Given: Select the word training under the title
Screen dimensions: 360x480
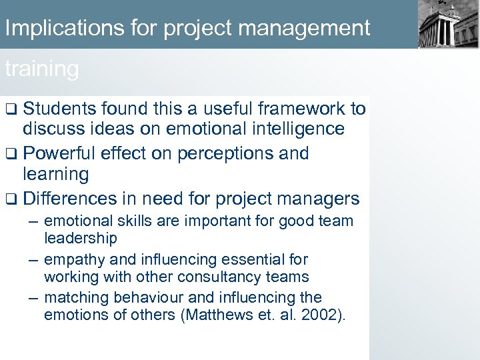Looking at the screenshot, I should (41, 69).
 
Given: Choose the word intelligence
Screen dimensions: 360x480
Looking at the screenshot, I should (287, 129).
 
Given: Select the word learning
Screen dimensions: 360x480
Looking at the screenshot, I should (55, 175).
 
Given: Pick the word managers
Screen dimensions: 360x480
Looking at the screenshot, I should (318, 199).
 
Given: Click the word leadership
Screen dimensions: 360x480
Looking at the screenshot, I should (80, 238).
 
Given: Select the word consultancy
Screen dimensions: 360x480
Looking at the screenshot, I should (224, 277).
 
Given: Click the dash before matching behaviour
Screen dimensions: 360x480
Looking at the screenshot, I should (33, 297).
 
